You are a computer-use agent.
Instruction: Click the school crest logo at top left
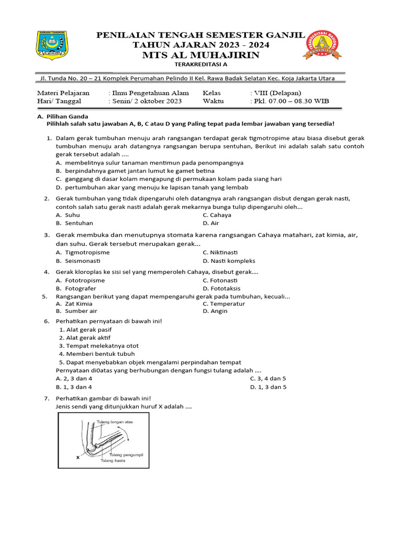[52, 44]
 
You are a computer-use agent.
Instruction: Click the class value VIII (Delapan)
[278, 93]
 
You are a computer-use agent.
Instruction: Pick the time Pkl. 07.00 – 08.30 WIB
[292, 101]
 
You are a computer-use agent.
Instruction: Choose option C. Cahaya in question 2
[217, 215]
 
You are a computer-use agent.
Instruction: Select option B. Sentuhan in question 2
[74, 223]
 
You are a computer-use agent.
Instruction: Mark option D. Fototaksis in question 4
[223, 288]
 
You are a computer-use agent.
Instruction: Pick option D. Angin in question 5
[215, 311]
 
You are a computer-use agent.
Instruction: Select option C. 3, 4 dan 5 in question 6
[268, 378]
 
